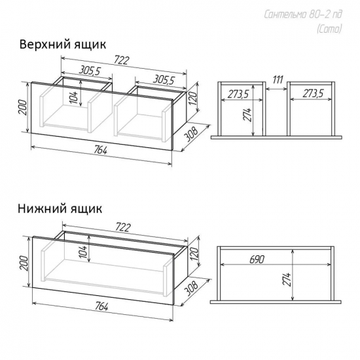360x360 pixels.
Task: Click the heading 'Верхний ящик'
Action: pyautogui.click(x=63, y=45)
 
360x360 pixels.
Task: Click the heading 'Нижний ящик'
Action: pyautogui.click(x=60, y=209)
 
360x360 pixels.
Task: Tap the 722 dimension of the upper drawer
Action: pyautogui.click(x=122, y=60)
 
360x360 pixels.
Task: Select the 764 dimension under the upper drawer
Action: pyautogui.click(x=101, y=151)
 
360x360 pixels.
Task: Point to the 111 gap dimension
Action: pyautogui.click(x=278, y=80)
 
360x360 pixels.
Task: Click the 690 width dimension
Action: pyautogui.click(x=257, y=259)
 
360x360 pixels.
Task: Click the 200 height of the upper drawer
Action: pyautogui.click(x=22, y=108)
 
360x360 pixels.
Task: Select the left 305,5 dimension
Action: pyautogui.click(x=90, y=71)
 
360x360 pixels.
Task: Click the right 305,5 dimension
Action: pyautogui.click(x=164, y=80)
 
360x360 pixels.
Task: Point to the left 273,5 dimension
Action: pyautogui.click(x=239, y=94)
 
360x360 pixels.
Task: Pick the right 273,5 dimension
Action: pyautogui.click(x=313, y=94)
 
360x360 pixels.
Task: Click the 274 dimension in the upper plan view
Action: pyautogui.click(x=249, y=115)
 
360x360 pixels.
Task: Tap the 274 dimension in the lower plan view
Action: pyautogui.click(x=287, y=279)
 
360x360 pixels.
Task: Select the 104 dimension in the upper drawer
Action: pyautogui.click(x=76, y=96)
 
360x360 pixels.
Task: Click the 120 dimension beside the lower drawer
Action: pyautogui.click(x=194, y=253)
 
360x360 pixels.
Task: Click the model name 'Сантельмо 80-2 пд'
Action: pyautogui.click(x=303, y=14)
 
